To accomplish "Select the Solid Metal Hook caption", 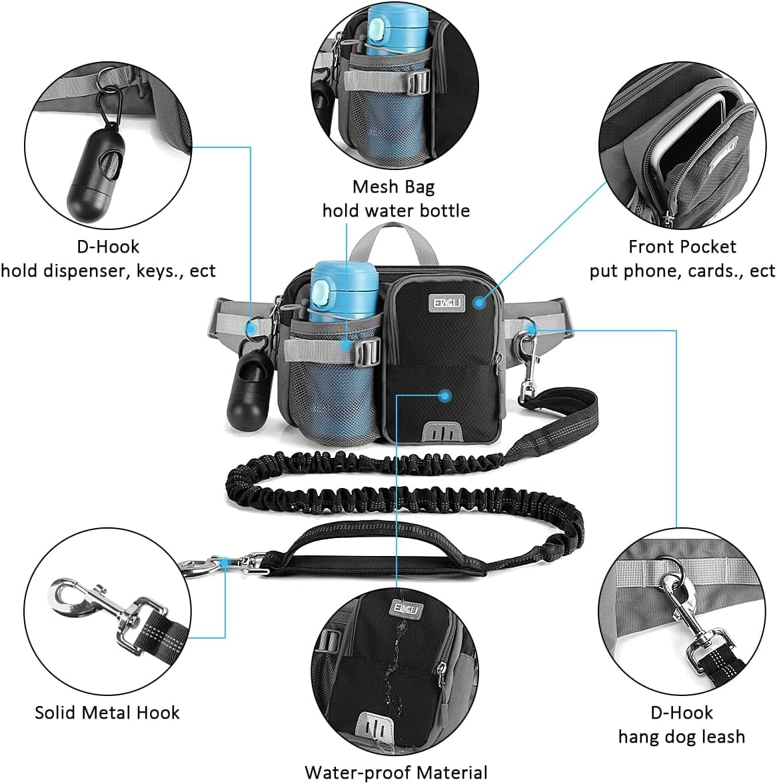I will (x=107, y=712).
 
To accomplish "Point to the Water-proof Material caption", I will (x=396, y=772).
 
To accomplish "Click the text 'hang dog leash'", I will (x=681, y=736).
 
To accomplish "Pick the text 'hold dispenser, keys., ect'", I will (x=108, y=271).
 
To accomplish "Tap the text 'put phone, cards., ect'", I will (x=682, y=271).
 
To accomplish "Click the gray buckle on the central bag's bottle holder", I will (x=367, y=349).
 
